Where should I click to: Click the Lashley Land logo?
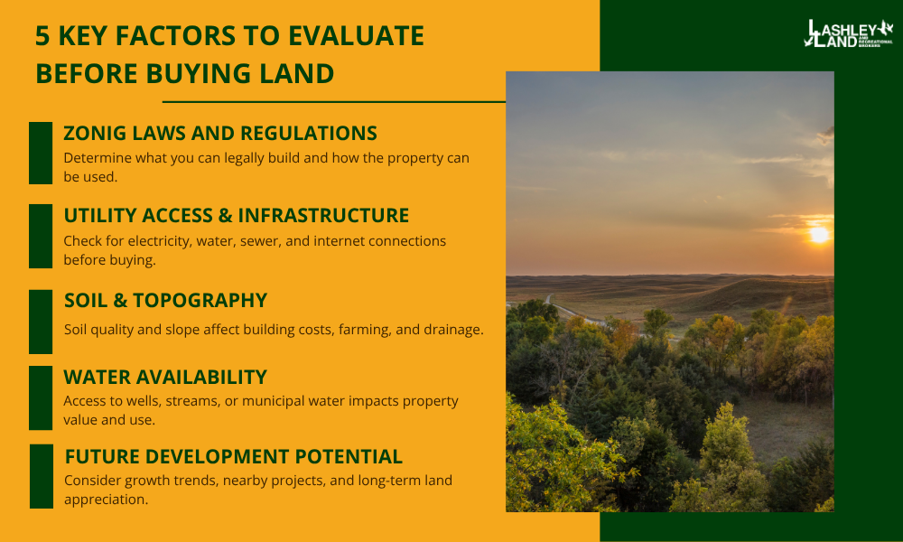848,34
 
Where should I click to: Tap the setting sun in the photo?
818,235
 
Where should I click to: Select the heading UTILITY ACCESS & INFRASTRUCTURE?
236,215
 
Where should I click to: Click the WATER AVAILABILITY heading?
165,378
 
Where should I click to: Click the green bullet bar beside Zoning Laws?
41,154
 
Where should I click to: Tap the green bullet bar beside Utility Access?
41,236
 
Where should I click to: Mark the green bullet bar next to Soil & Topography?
41,322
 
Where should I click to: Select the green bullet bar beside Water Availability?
41,398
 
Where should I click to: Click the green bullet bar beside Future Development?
42,476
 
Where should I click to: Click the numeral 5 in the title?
42,36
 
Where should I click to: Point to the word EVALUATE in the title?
356,36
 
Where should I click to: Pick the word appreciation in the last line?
106,500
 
